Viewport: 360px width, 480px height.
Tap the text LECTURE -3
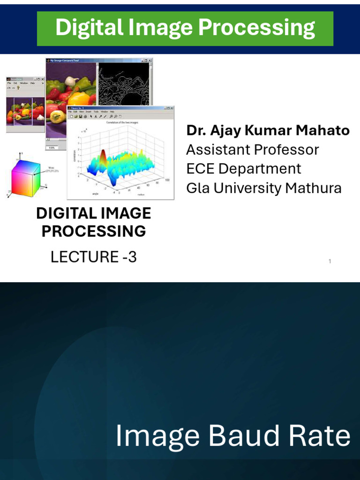pos(94,257)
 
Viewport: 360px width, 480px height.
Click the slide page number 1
pos(330,262)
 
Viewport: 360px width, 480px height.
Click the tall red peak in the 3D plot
pos(103,157)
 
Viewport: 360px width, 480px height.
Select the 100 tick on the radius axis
pos(167,180)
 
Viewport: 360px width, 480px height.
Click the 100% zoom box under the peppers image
pos(52,148)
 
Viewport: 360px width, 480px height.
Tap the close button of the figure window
pos(171,108)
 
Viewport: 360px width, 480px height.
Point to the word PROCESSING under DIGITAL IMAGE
pos(94,232)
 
